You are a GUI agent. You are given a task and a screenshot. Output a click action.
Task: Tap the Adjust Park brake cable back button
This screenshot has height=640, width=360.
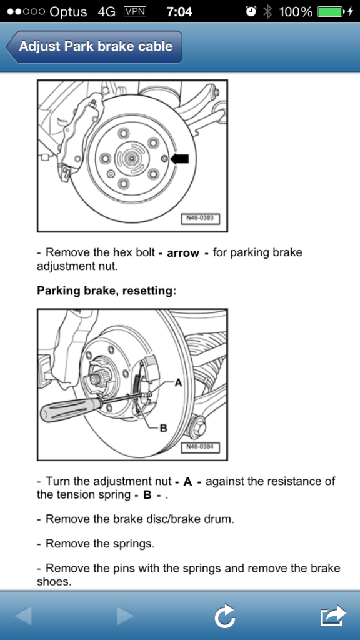click(x=94, y=46)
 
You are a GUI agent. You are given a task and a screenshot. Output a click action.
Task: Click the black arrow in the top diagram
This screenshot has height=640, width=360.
click(x=179, y=159)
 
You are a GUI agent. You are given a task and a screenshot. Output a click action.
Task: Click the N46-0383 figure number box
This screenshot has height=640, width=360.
click(x=201, y=219)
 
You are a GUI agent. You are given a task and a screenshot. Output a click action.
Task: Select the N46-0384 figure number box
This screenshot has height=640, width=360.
click(x=201, y=447)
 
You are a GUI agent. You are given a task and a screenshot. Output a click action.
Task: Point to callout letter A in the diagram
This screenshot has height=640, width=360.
click(x=178, y=383)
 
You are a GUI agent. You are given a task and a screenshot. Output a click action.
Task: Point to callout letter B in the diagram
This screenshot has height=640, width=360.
click(x=163, y=428)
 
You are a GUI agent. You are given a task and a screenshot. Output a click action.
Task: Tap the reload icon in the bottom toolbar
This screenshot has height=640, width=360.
click(x=224, y=616)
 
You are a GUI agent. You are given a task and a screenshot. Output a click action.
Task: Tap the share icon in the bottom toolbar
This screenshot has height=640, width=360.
click(x=333, y=616)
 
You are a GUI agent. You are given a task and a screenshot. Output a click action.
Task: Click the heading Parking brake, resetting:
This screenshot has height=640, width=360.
click(x=106, y=291)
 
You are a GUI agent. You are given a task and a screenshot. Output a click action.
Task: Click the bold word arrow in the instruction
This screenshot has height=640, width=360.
click(x=183, y=253)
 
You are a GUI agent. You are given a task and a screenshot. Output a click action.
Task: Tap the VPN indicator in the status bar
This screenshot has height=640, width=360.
click(x=135, y=12)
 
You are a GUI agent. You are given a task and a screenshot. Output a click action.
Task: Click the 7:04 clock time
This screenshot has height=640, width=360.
click(x=179, y=12)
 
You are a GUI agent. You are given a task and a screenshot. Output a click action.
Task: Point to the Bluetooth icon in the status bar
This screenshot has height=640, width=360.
click(x=267, y=12)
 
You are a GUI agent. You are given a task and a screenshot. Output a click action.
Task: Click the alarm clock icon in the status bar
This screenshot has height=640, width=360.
click(x=251, y=12)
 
